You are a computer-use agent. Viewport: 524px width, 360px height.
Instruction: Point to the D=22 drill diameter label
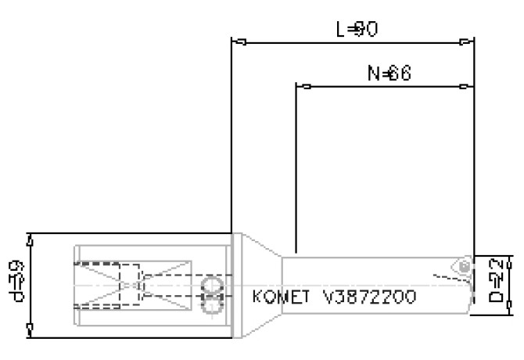click(x=497, y=285)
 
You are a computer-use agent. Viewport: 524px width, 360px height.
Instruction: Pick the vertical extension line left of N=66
click(x=296, y=157)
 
